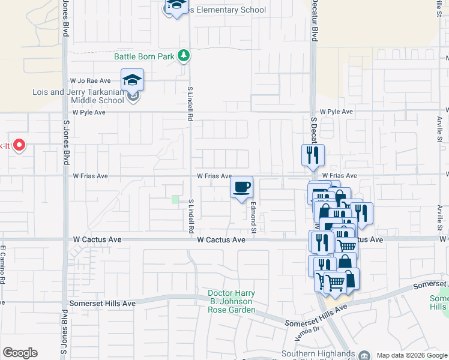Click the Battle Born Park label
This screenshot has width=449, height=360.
tap(144, 57)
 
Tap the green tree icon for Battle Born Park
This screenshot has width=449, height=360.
tap(184, 56)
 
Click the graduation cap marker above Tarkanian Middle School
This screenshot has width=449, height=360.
tap(133, 80)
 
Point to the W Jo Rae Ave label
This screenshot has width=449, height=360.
tap(91, 80)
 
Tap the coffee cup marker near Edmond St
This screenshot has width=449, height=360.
tap(242, 188)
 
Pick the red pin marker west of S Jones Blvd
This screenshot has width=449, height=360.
tap(19, 145)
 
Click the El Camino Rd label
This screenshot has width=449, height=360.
tap(3, 265)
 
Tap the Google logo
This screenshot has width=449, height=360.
tap(20, 353)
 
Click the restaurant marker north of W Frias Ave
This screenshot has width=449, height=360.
tap(313, 155)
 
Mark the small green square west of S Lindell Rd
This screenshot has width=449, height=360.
tap(175, 199)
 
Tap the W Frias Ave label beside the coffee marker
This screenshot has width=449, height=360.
tap(214, 176)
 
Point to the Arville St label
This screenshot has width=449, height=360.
tap(439, 217)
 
